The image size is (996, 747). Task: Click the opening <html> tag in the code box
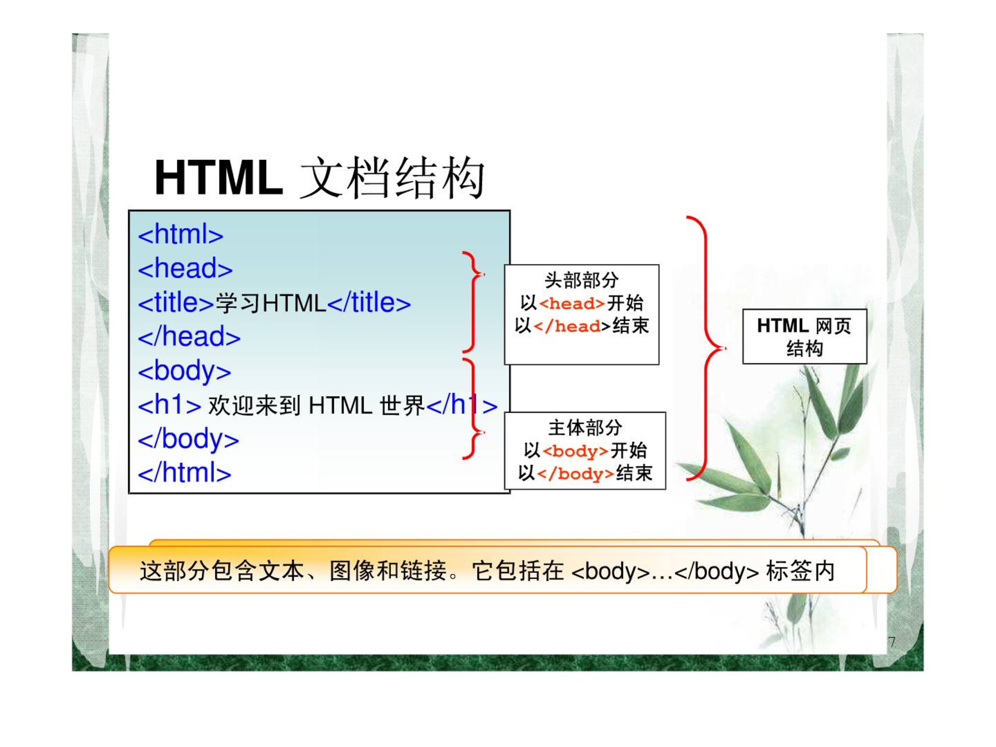click(181, 234)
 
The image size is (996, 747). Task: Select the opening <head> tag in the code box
click(185, 269)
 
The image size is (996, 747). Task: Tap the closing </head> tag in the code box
click(189, 337)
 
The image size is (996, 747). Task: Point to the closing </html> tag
click(185, 473)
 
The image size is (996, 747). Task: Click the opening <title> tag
click(176, 302)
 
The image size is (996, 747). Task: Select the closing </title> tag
click(369, 302)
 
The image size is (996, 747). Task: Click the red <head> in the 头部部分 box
click(572, 303)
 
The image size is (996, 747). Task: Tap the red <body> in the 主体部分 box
click(576, 451)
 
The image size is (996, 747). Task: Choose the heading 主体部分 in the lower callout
click(585, 427)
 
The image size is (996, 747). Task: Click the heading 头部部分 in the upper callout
click(582, 280)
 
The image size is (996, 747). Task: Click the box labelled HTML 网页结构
click(805, 337)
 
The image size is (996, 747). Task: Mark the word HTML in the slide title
click(219, 177)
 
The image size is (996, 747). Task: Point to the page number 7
click(892, 642)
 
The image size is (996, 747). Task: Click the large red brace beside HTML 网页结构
click(707, 348)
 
